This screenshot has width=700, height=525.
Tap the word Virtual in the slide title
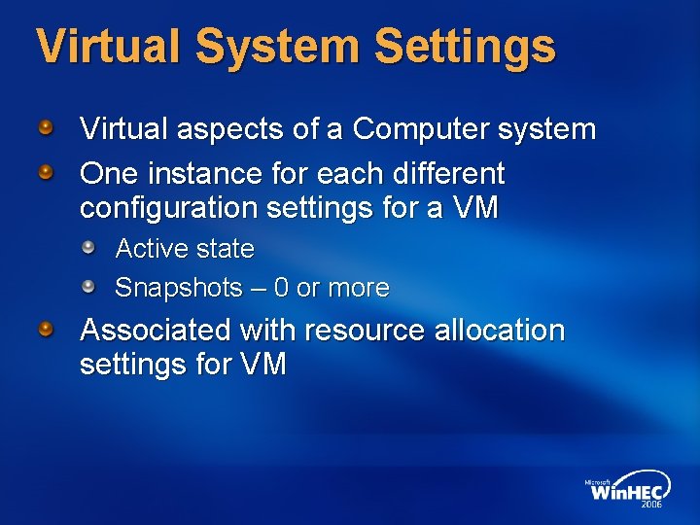coord(104,46)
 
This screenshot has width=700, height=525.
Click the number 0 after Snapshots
coord(281,289)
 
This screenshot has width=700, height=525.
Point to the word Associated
coord(157,331)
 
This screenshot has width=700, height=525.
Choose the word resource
coord(366,331)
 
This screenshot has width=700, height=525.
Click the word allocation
coord(500,331)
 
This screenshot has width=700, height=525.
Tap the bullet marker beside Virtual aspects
coord(46,127)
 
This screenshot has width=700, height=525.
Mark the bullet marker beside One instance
coord(46,173)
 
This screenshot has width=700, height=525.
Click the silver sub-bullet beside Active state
coord(88,248)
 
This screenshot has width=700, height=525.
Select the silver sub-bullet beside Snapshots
coord(88,287)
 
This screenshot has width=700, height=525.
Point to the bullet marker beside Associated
coord(46,330)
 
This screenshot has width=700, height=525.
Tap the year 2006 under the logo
coord(652,506)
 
